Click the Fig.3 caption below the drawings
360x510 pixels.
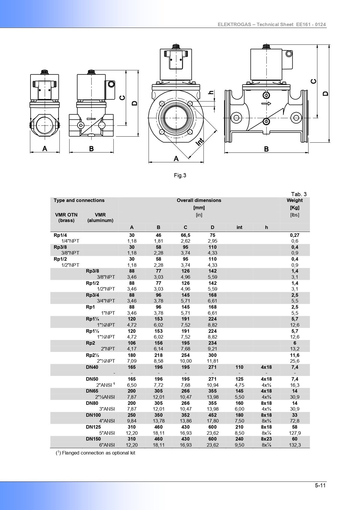click(x=180, y=175)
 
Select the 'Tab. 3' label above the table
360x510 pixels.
click(x=299, y=194)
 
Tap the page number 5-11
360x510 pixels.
click(x=321, y=485)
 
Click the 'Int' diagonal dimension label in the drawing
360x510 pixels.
click(x=200, y=142)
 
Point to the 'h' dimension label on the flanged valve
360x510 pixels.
click(x=211, y=93)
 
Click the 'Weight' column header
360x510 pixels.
click(x=294, y=200)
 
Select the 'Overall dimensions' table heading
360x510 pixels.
click(x=199, y=200)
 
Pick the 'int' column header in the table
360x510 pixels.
click(x=239, y=227)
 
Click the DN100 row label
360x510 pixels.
click(x=93, y=415)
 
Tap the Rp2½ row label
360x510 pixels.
click(x=93, y=355)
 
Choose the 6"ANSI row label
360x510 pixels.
click(x=107, y=445)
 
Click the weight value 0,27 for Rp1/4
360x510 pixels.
click(x=295, y=235)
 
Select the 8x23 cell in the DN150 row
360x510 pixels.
click(x=266, y=439)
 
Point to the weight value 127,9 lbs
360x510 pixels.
click(x=295, y=433)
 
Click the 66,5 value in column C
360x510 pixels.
click(x=185, y=235)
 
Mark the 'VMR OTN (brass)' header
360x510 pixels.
click(x=66, y=217)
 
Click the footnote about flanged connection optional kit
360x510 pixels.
click(x=96, y=453)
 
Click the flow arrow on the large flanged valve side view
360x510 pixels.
click(x=266, y=103)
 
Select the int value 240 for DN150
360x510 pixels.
click(x=239, y=439)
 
